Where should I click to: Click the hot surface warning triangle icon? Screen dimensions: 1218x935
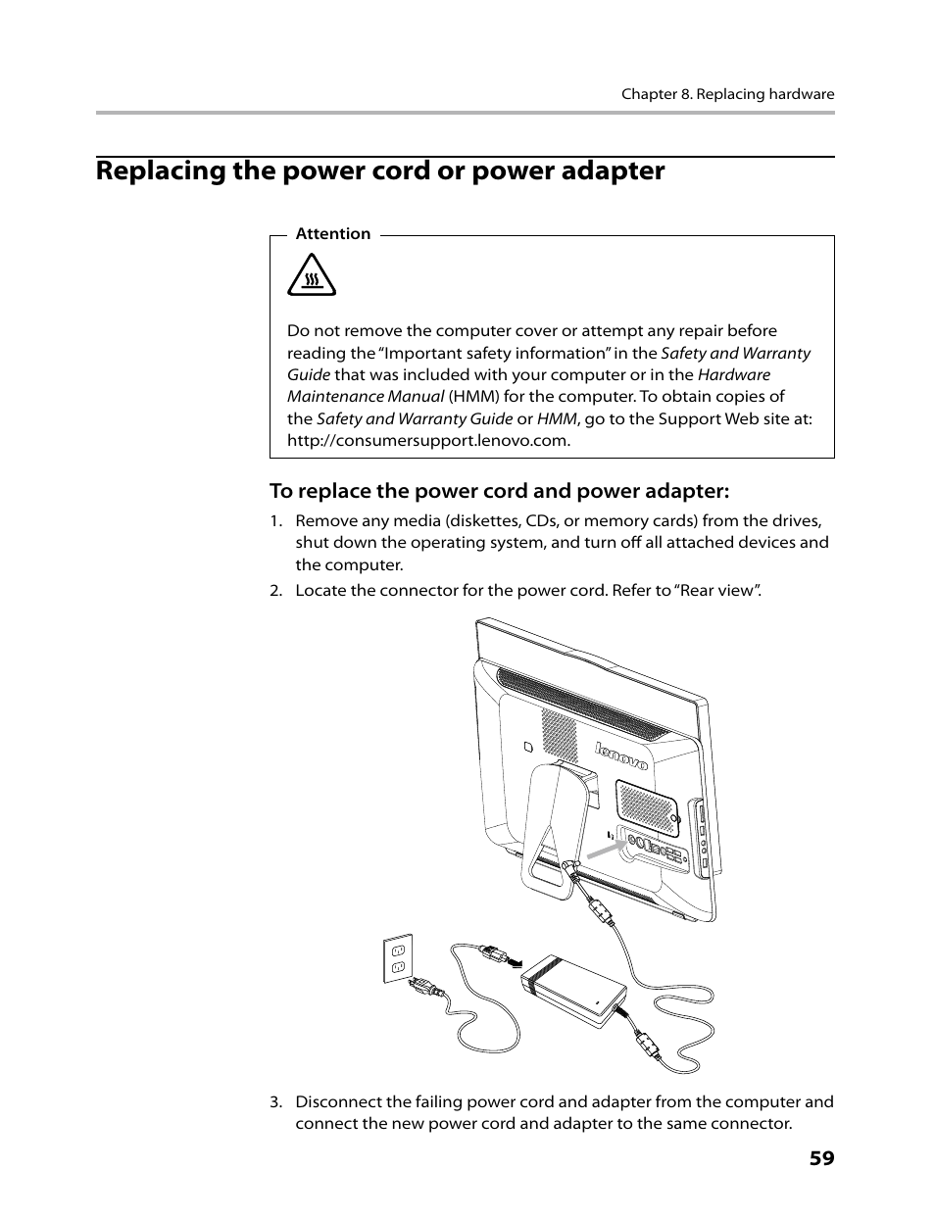click(312, 275)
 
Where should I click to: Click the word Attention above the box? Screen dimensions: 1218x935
click(333, 234)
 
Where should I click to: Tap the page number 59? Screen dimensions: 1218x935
click(821, 1158)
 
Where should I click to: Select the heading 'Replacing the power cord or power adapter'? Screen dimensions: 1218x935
click(380, 171)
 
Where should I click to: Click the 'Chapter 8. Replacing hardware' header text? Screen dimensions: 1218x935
click(727, 95)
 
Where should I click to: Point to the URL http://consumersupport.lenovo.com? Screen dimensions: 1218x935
click(428, 440)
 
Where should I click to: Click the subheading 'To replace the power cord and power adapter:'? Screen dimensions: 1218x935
click(500, 490)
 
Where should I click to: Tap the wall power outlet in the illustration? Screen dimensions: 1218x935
click(398, 957)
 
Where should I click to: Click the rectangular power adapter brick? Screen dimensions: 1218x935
click(573, 990)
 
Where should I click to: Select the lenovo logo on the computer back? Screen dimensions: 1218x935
click(621, 755)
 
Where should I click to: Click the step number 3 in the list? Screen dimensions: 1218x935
click(276, 1101)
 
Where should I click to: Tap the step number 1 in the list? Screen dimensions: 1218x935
click(276, 521)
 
